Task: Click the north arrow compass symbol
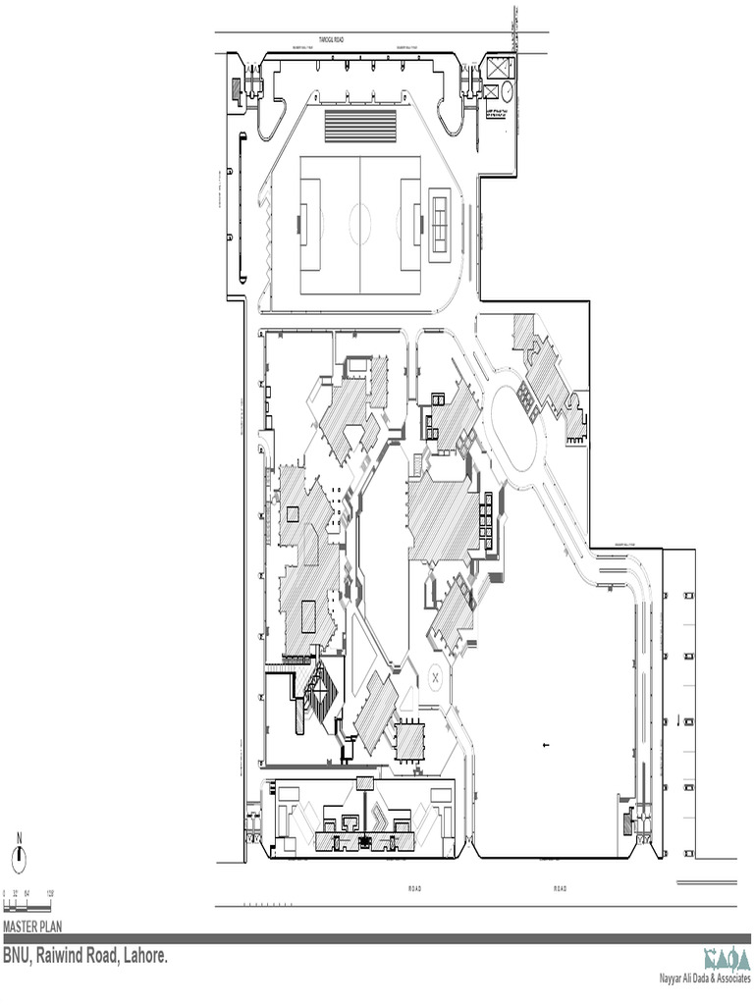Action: [18, 857]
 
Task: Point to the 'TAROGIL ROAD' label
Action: [330, 40]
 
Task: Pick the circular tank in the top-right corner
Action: [508, 90]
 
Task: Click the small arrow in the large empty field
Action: [545, 746]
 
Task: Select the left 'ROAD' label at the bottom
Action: [414, 889]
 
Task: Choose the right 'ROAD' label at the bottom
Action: [560, 889]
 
